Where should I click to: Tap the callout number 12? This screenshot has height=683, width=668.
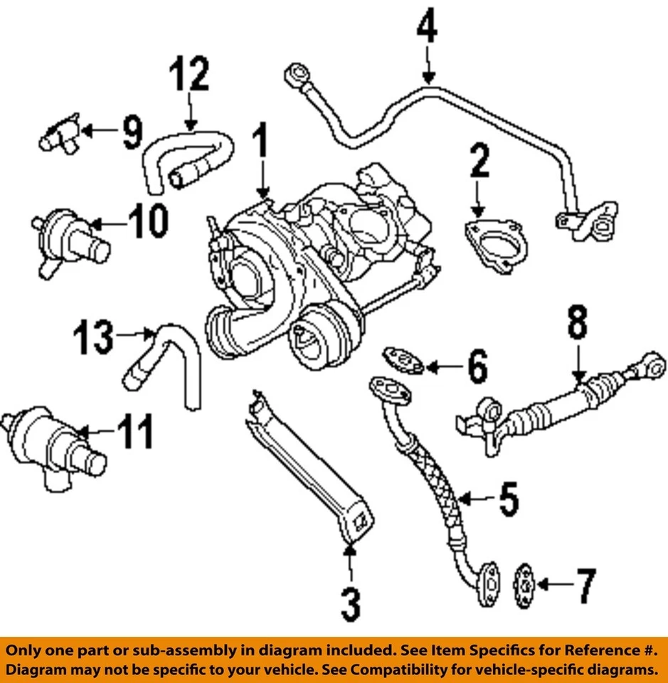coord(190,76)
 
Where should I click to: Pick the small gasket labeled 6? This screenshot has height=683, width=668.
coord(403,359)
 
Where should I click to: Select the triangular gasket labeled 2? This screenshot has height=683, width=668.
coord(497,244)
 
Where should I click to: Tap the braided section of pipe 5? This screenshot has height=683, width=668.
coord(438,491)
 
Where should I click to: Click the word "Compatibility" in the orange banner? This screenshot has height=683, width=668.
coord(439,670)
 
